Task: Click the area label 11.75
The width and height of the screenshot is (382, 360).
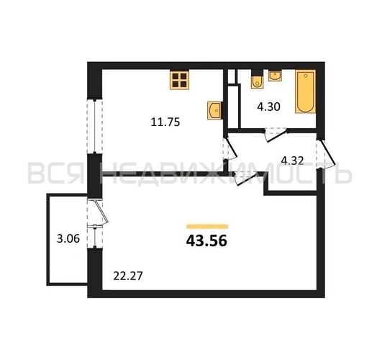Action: pos(165,122)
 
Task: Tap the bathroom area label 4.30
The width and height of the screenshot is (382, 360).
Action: pos(269,107)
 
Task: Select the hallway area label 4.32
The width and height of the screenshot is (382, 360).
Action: pos(292,161)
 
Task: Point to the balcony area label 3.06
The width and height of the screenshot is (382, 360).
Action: pos(68,238)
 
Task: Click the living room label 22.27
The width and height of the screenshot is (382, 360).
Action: pos(128,276)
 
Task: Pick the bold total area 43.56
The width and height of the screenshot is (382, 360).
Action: pos(206,240)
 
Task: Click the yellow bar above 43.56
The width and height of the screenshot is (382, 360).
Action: pos(207,227)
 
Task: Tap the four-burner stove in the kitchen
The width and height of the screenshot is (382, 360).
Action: pos(180,80)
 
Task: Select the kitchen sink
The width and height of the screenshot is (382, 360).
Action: pos(214,110)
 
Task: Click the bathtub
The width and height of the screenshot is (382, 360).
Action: pos(306,91)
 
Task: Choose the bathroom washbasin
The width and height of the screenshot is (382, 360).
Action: pos(275,76)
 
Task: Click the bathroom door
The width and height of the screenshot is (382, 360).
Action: pos(276,135)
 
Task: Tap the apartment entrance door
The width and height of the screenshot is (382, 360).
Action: pos(325,153)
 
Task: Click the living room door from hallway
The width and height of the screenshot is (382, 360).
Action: pos(247,179)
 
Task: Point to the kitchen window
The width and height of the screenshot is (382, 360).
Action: pos(95,126)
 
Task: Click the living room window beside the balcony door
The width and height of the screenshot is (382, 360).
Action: pos(95,237)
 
